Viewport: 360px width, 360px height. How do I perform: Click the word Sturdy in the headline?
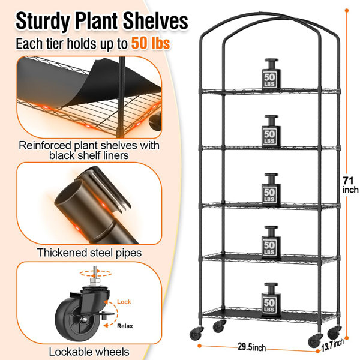43,22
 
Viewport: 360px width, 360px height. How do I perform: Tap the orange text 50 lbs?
151,43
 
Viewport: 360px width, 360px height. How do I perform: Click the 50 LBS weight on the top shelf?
271,74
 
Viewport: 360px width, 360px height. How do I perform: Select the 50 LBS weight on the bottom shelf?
271,299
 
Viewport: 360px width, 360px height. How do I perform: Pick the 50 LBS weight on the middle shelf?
271,189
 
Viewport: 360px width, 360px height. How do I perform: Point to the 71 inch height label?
350,185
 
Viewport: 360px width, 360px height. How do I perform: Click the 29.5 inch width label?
252,347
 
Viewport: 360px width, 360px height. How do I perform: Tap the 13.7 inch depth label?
332,344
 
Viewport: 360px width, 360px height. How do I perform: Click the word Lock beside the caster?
124,301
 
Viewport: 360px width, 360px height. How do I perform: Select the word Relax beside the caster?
125,326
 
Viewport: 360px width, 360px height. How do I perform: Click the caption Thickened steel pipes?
89,253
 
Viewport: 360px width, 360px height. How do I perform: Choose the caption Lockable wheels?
89,352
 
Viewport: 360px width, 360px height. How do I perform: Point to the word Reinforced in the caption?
45,145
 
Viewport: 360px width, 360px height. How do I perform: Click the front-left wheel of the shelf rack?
196,333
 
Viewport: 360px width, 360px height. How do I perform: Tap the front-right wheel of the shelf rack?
314,341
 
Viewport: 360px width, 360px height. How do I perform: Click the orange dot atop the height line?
347,11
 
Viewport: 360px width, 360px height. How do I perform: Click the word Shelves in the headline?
155,22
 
